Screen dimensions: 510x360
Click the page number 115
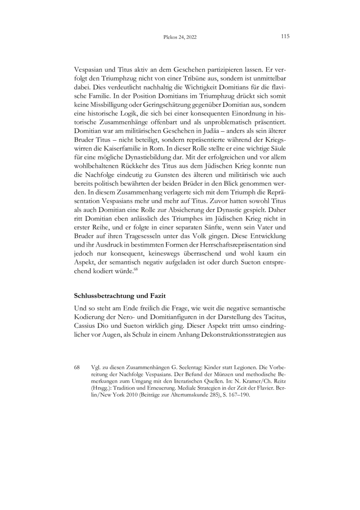tap(284, 37)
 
